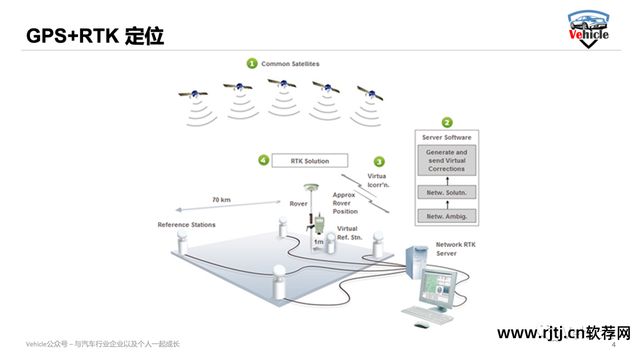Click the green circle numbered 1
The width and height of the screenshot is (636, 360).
coord(252,63)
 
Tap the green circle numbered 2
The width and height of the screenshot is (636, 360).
coord(447,122)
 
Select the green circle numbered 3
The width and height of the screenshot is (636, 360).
coord(379,161)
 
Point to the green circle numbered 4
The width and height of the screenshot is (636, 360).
coord(264,160)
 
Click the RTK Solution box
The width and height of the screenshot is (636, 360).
coord(310,161)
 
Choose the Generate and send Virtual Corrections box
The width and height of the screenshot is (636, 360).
coord(446,160)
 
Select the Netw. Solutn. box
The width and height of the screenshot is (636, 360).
coord(446,193)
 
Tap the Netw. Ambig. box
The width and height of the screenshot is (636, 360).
coord(446,216)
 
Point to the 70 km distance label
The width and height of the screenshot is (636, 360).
coord(221,200)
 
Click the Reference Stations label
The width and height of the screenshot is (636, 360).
coord(187,224)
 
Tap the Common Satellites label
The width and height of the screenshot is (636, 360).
coord(290,64)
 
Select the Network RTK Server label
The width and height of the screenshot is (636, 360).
coord(455,249)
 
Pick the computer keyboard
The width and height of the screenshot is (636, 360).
coord(428,315)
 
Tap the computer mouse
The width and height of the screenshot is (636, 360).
coord(422,324)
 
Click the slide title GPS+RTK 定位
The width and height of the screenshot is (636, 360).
coord(95,36)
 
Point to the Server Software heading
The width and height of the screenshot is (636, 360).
coord(446,137)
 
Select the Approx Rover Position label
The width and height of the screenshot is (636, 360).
coord(345,203)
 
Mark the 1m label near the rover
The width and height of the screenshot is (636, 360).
coord(319,242)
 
